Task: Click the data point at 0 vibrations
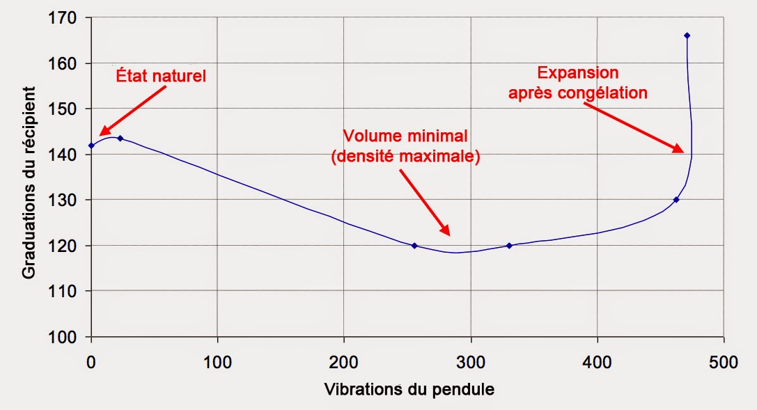click(x=91, y=145)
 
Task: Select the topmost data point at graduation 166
click(x=687, y=36)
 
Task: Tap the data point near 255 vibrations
click(x=414, y=246)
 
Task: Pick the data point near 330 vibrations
click(x=509, y=246)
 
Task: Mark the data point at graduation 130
click(x=676, y=200)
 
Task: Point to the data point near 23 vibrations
click(x=120, y=139)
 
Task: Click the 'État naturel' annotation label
click(x=161, y=76)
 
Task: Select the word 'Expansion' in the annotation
click(x=577, y=72)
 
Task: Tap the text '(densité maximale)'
click(x=405, y=157)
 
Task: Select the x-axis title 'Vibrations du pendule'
click(x=409, y=390)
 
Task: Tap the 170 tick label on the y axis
click(x=64, y=17)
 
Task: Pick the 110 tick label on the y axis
click(x=64, y=292)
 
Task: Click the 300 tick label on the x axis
click(x=471, y=362)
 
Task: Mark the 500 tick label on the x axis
click(x=724, y=362)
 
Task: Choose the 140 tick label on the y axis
click(x=64, y=155)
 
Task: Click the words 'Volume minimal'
click(x=405, y=136)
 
